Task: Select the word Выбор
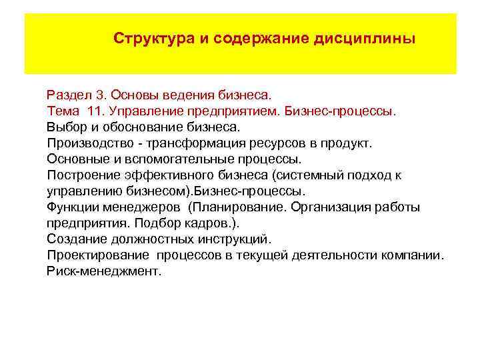(65, 126)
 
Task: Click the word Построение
(81, 175)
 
